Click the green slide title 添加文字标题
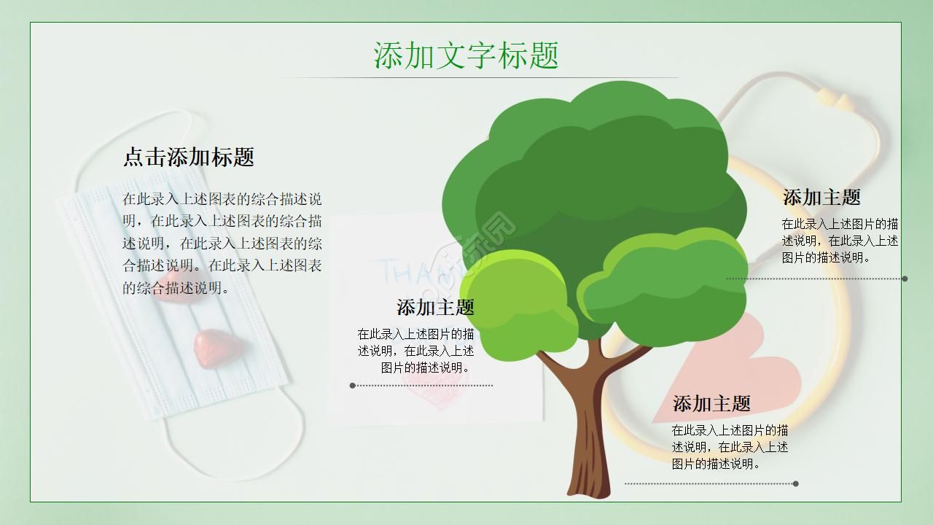coord(466,55)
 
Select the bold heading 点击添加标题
coord(188,157)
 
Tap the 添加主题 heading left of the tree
coord(435,308)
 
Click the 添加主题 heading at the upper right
coord(821,198)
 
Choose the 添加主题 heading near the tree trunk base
coord(711,404)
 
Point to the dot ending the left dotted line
coord(353,386)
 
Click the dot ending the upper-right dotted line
coord(905,279)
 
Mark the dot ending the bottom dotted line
coord(795,483)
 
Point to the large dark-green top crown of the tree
coord(598,160)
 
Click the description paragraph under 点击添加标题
coord(222,244)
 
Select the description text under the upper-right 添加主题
coord(840,241)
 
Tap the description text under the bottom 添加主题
coord(730,447)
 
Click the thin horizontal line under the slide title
coord(479,77)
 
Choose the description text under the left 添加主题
coord(415,351)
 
